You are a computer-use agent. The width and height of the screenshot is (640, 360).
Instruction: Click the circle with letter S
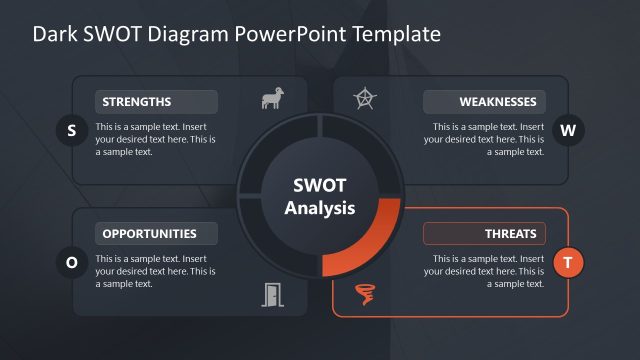[x=71, y=130]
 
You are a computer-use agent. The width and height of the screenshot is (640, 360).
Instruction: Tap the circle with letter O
[x=71, y=262]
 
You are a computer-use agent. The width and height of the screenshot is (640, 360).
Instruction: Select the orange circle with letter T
[x=568, y=262]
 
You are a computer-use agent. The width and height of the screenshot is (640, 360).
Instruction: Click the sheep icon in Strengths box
[x=271, y=99]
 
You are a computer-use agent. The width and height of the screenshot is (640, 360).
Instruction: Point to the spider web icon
[x=366, y=99]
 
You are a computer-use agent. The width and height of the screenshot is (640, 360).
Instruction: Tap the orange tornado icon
[x=366, y=294]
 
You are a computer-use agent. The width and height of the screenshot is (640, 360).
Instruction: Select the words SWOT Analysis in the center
[x=319, y=197]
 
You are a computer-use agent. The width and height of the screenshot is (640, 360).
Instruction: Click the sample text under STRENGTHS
[x=154, y=140]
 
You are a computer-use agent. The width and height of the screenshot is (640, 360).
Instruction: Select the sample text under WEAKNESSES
[x=484, y=140]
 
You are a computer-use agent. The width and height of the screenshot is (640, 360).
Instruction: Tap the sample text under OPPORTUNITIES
[x=154, y=271]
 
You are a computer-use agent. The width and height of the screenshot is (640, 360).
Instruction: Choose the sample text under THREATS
[x=484, y=271]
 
